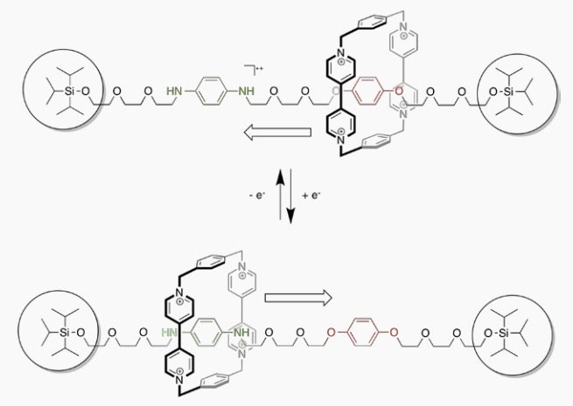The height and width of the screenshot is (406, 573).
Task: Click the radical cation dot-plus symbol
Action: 260,68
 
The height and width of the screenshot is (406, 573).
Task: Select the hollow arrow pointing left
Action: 277,132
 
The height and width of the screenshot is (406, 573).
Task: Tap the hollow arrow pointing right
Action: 297,298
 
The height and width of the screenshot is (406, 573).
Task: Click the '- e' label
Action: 257,196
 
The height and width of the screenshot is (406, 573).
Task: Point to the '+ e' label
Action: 311,196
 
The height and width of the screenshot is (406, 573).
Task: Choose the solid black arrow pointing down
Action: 290,196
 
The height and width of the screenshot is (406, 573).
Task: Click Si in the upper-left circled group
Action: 69,91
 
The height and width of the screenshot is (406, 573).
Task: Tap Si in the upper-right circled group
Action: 508,92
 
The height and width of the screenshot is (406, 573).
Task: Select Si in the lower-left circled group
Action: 64,333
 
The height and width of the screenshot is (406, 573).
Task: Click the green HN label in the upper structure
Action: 174,91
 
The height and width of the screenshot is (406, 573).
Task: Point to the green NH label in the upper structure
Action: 246,91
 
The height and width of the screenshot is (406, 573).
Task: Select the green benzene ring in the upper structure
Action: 210,91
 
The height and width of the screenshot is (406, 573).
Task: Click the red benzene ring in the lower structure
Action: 362,333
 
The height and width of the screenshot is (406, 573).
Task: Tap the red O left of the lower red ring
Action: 332,333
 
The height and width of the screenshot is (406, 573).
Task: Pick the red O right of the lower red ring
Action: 394,333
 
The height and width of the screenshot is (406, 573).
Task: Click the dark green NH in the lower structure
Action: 241,333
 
